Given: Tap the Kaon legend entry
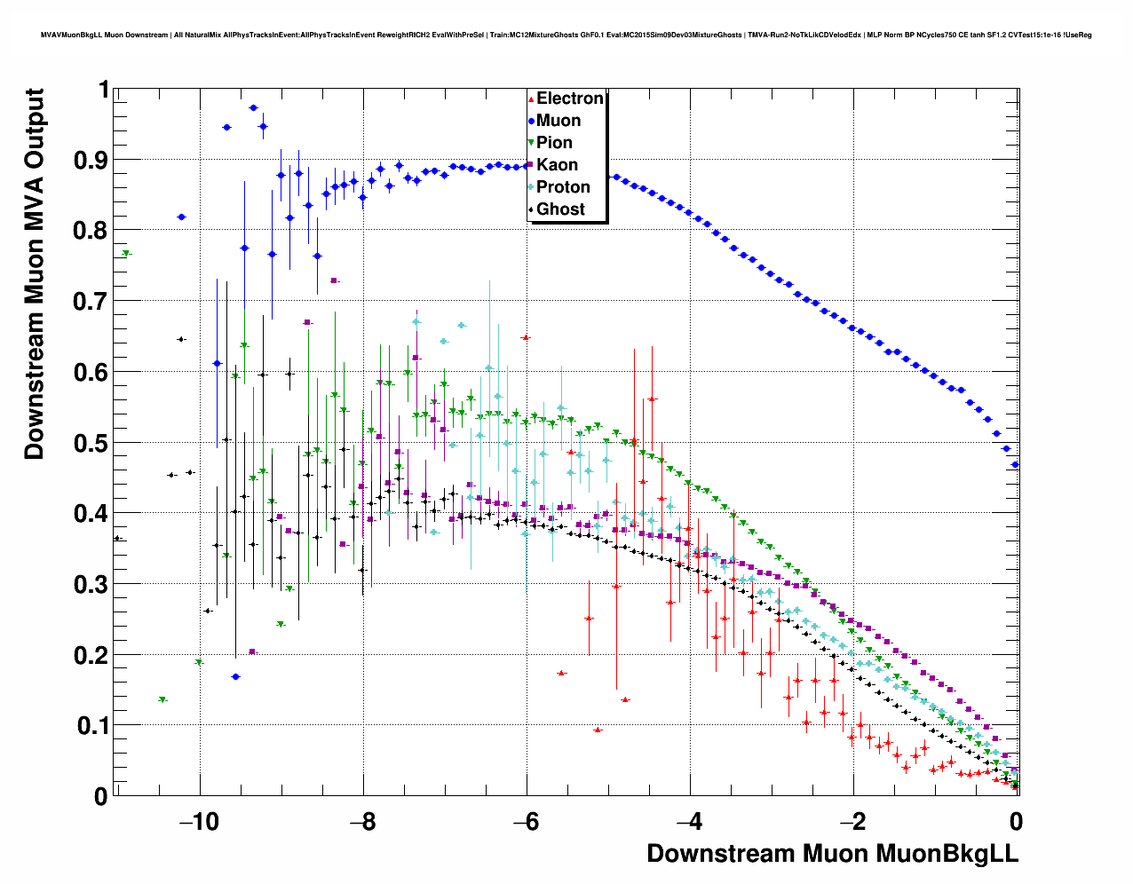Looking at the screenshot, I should click(x=557, y=165).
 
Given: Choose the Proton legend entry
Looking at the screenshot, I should click(x=562, y=187).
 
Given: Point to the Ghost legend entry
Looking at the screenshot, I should click(x=560, y=209).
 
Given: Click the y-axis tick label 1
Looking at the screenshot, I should click(x=103, y=90).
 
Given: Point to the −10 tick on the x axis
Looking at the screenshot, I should click(x=199, y=821).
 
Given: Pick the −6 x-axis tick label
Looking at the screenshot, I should click(x=526, y=821).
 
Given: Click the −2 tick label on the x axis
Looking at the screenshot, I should click(x=852, y=821).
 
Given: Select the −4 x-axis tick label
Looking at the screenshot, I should click(x=689, y=821).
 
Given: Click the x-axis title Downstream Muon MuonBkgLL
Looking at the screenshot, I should click(x=832, y=854).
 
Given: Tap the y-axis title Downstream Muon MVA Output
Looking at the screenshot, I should click(x=34, y=273).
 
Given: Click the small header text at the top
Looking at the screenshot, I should click(x=566, y=36).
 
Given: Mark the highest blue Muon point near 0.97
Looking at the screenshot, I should click(x=253, y=107).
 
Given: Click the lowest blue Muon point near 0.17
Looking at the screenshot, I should click(x=235, y=676).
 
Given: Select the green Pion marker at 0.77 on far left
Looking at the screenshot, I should click(x=126, y=254).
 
